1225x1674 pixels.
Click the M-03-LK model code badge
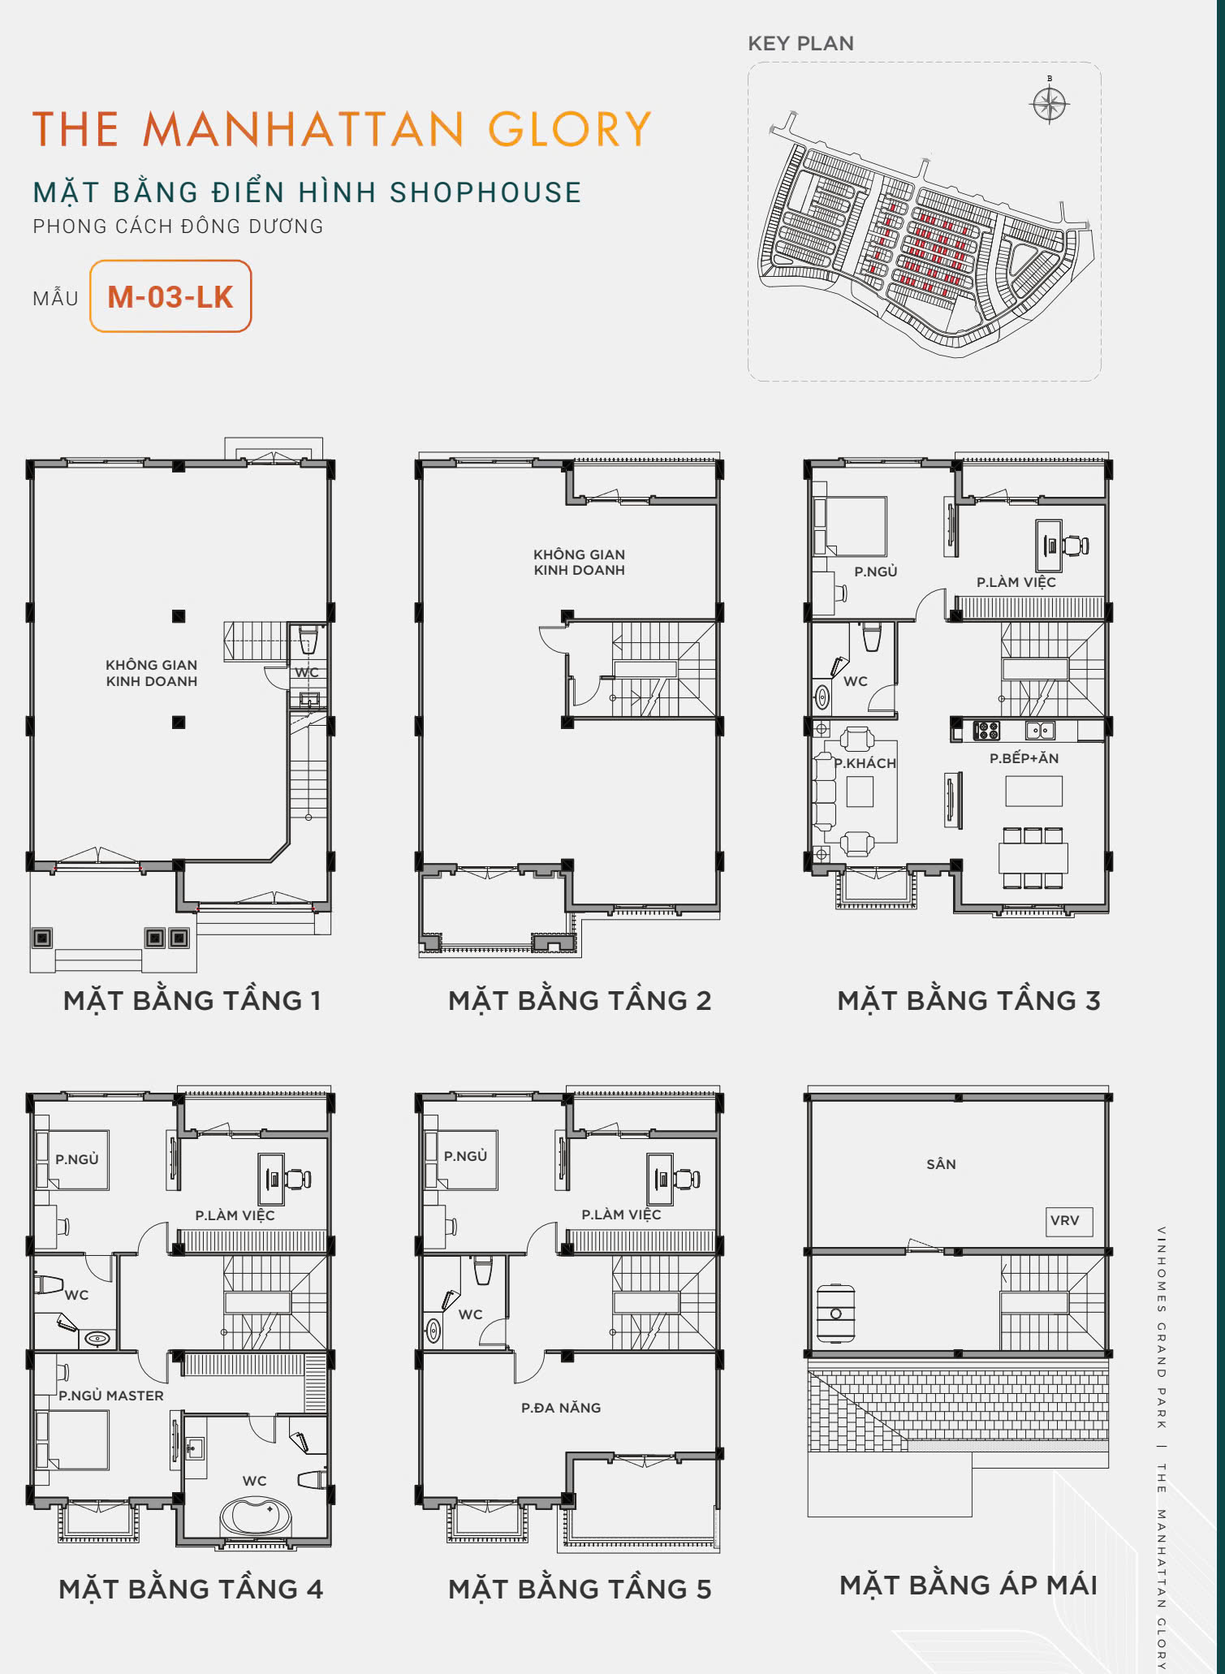[x=170, y=296]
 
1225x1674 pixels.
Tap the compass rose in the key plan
[x=1049, y=103]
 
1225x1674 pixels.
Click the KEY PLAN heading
[x=800, y=44]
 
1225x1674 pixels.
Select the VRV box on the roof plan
[x=1065, y=1220]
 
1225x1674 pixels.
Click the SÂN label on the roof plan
[x=941, y=1164]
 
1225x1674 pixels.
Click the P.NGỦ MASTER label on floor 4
[x=111, y=1396]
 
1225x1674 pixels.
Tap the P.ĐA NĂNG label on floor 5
[x=561, y=1408]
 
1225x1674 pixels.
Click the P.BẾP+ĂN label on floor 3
[x=1024, y=758]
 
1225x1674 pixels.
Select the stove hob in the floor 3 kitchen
[x=986, y=731]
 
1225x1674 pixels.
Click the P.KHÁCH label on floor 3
[x=865, y=763]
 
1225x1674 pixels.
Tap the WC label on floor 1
[x=307, y=672]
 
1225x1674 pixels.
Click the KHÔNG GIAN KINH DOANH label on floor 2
[x=579, y=562]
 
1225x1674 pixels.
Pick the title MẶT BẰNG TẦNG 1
[x=192, y=1000]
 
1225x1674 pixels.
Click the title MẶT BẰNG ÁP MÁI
[x=968, y=1585]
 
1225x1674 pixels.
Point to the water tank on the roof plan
[x=835, y=1313]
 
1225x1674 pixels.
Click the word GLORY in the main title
[x=570, y=129]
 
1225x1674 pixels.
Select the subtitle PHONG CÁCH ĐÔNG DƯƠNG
[x=178, y=227]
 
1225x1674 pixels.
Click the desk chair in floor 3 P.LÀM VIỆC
[x=1076, y=546]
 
